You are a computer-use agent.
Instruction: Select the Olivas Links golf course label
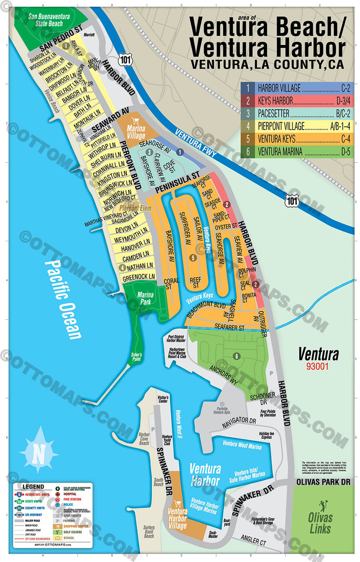click(320, 523)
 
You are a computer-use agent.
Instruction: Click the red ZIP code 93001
click(318, 366)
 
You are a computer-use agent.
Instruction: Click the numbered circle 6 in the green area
click(237, 356)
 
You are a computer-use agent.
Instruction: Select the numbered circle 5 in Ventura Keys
click(193, 258)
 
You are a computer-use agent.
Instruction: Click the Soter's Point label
click(136, 362)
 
